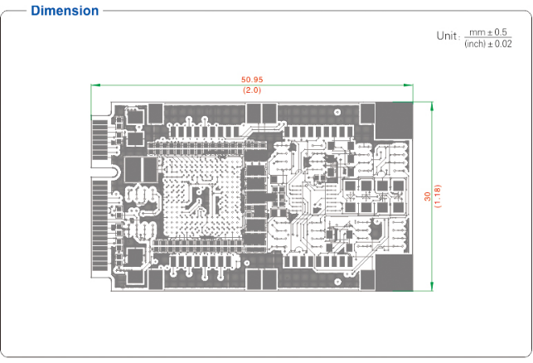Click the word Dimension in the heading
65,11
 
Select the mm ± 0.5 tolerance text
487,31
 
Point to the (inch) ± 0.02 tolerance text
487,43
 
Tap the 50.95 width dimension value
252,80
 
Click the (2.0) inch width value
252,90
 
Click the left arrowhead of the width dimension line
94,85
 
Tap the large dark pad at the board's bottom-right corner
394,272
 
